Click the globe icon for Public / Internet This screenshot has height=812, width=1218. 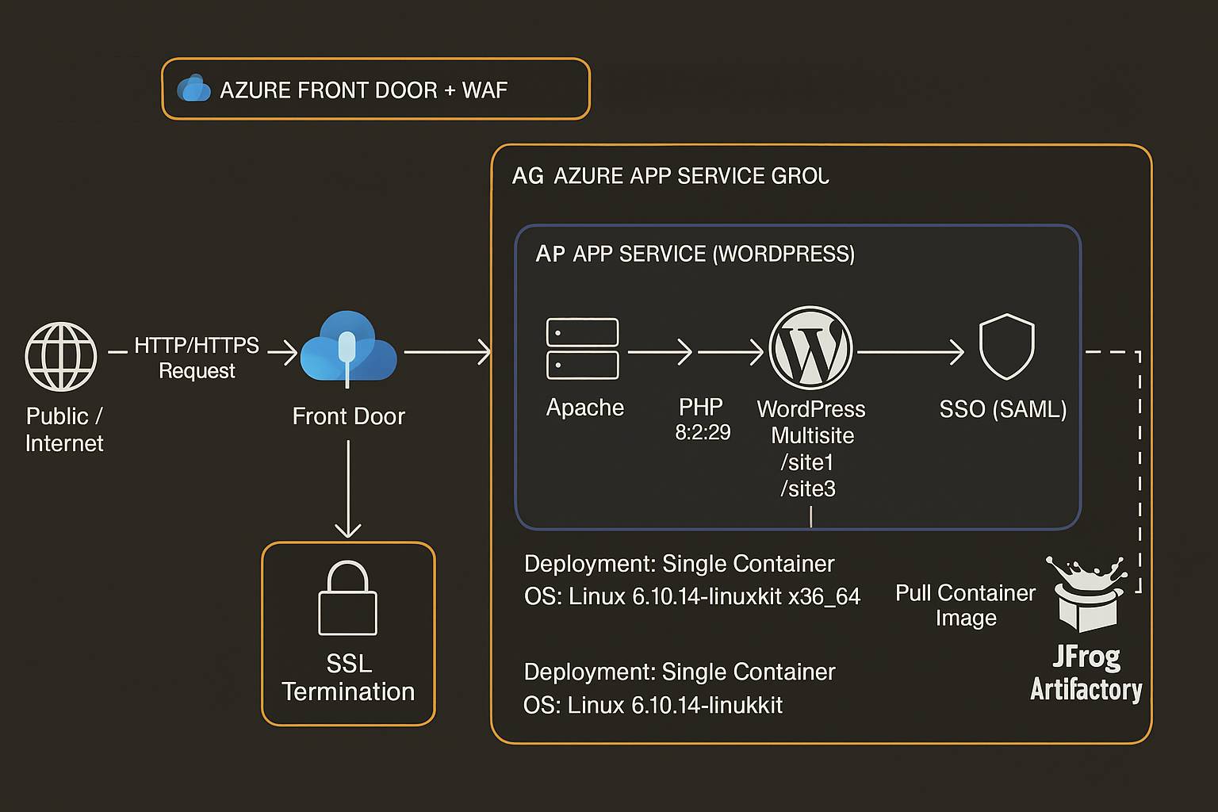click(61, 357)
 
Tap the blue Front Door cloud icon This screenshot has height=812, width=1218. click(348, 349)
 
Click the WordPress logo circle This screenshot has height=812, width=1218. click(810, 348)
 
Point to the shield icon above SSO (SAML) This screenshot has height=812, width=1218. click(1007, 347)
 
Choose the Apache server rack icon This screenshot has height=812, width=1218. click(583, 349)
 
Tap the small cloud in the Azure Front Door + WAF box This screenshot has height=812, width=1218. click(193, 89)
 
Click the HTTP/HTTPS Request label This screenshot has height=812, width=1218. click(197, 358)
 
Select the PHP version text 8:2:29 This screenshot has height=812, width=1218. click(703, 432)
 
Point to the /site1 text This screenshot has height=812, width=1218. click(808, 462)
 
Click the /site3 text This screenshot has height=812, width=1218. click(808, 488)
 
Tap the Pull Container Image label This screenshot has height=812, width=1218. click(965, 605)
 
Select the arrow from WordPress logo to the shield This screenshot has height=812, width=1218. click(910, 351)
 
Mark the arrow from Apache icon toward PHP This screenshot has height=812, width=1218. click(660, 351)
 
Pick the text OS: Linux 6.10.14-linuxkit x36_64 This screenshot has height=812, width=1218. click(692, 596)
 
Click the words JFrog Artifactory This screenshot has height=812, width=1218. click(1086, 673)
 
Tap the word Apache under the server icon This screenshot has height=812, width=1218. click(585, 408)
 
